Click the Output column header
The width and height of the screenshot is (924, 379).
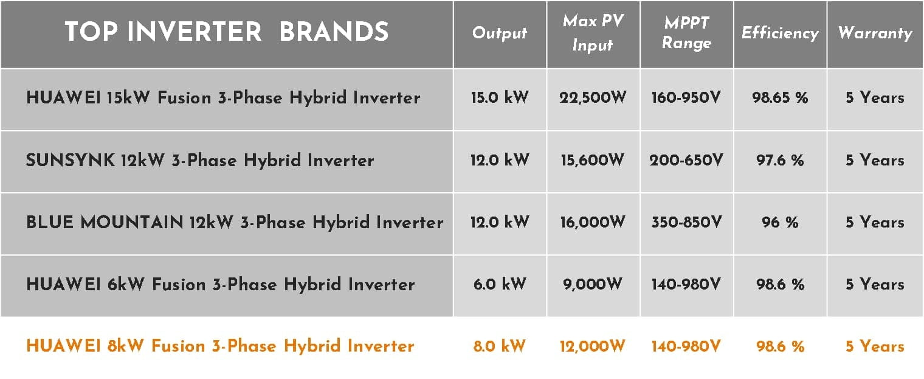pos(500,33)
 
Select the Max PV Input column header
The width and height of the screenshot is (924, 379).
pos(593,33)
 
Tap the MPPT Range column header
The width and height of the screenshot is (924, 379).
pos(687,33)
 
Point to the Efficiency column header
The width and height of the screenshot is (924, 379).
pos(780,33)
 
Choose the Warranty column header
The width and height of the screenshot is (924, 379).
pos(875,33)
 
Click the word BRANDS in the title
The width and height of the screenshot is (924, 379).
pos(334,32)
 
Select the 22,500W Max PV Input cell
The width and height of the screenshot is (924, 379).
pos(593,98)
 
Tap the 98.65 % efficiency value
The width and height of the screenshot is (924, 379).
pos(780,98)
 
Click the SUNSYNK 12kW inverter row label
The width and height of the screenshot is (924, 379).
pos(200,160)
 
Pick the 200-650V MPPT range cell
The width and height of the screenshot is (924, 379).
pos(686,160)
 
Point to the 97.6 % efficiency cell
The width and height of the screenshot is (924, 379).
pos(780,160)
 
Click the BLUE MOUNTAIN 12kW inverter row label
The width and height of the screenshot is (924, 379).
pos(235,223)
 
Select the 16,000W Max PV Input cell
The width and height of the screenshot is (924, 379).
pos(593,223)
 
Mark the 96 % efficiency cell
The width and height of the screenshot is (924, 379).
pos(780,223)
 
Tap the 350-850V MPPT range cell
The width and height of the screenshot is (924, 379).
pos(686,223)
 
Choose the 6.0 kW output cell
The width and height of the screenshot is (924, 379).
pos(500,285)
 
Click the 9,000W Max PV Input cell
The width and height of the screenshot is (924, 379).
pos(593,285)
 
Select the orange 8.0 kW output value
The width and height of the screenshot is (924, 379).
pos(500,346)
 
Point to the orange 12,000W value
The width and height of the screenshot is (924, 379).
pos(593,346)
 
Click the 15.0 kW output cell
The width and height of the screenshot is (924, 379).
pos(500,98)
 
